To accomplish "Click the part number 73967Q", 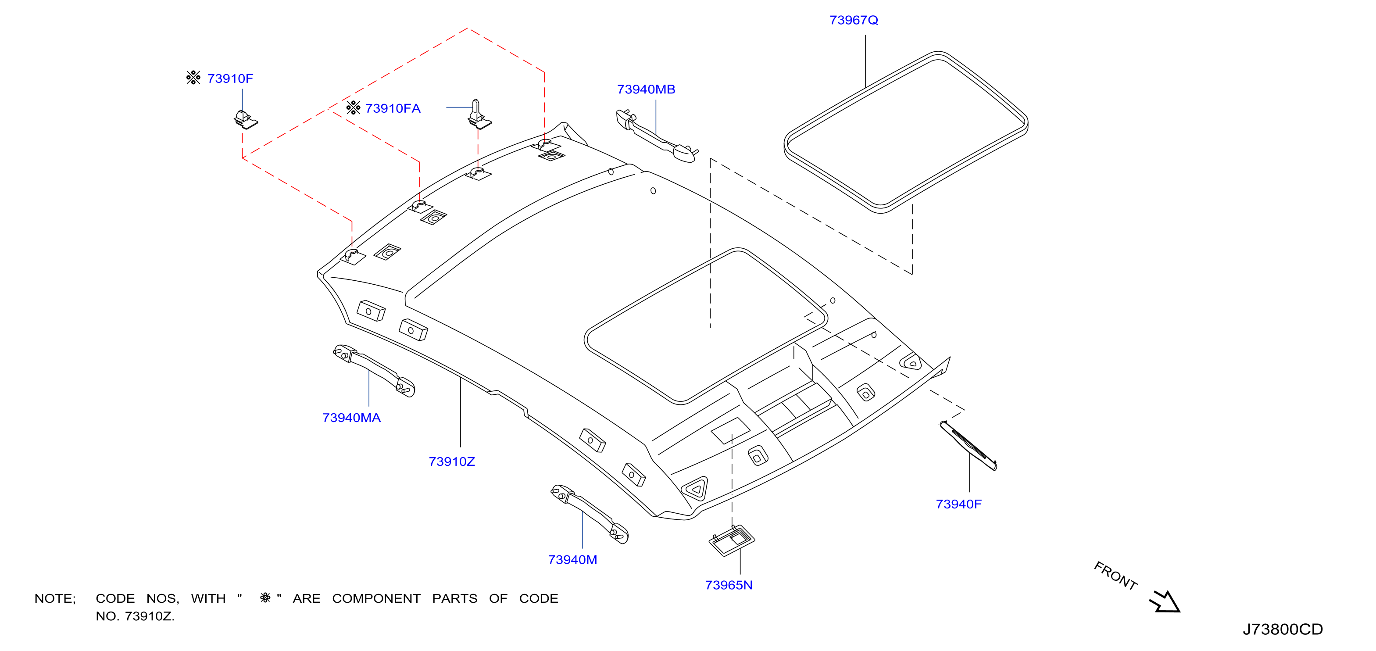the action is [854, 20].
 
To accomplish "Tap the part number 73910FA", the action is [393, 109].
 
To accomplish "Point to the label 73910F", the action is [230, 79].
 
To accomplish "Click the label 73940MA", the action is [351, 418].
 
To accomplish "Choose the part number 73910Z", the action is [451, 462].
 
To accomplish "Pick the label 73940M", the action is [572, 560].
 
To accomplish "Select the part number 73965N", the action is [729, 585].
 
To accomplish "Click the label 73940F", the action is [958, 504].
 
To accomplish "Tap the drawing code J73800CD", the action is [1283, 630].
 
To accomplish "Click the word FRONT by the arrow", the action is [1115, 576].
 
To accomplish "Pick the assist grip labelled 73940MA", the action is [374, 370].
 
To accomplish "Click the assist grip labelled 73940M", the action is [590, 513].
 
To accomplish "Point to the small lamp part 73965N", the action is [731, 540].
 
